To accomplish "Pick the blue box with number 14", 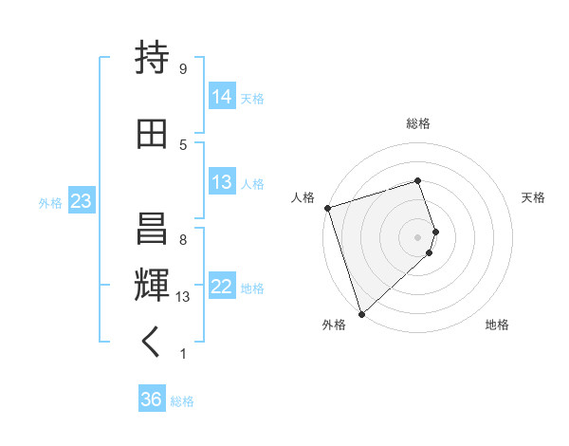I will (x=222, y=97).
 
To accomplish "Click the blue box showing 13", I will (x=222, y=182).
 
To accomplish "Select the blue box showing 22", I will (x=222, y=287).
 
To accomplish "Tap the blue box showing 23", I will (x=81, y=201).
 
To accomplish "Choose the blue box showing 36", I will (x=151, y=400).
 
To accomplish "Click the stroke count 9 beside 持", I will (x=182, y=68).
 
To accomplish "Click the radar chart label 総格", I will (x=418, y=123).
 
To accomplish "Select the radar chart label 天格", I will (x=533, y=197).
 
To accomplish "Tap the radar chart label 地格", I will (x=497, y=325).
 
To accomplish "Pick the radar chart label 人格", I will (x=303, y=197).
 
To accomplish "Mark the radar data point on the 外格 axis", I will (x=360, y=313).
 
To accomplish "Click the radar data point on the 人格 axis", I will (x=327, y=208).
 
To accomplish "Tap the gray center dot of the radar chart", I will (x=418, y=236).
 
